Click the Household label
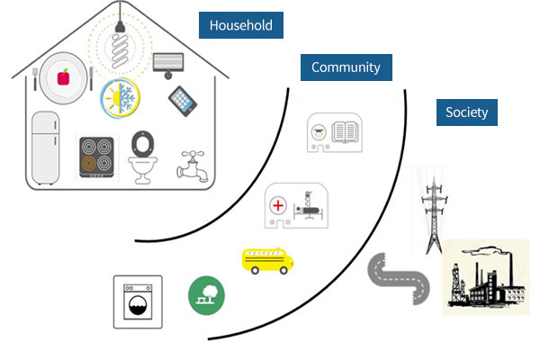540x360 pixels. (240, 26)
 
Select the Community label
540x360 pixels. (346, 67)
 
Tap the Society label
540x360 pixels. (466, 112)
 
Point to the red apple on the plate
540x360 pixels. (63, 78)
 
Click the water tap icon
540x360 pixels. (192, 162)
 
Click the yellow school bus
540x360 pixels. (269, 259)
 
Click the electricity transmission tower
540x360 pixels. (433, 210)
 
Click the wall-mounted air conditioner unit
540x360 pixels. (167, 63)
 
